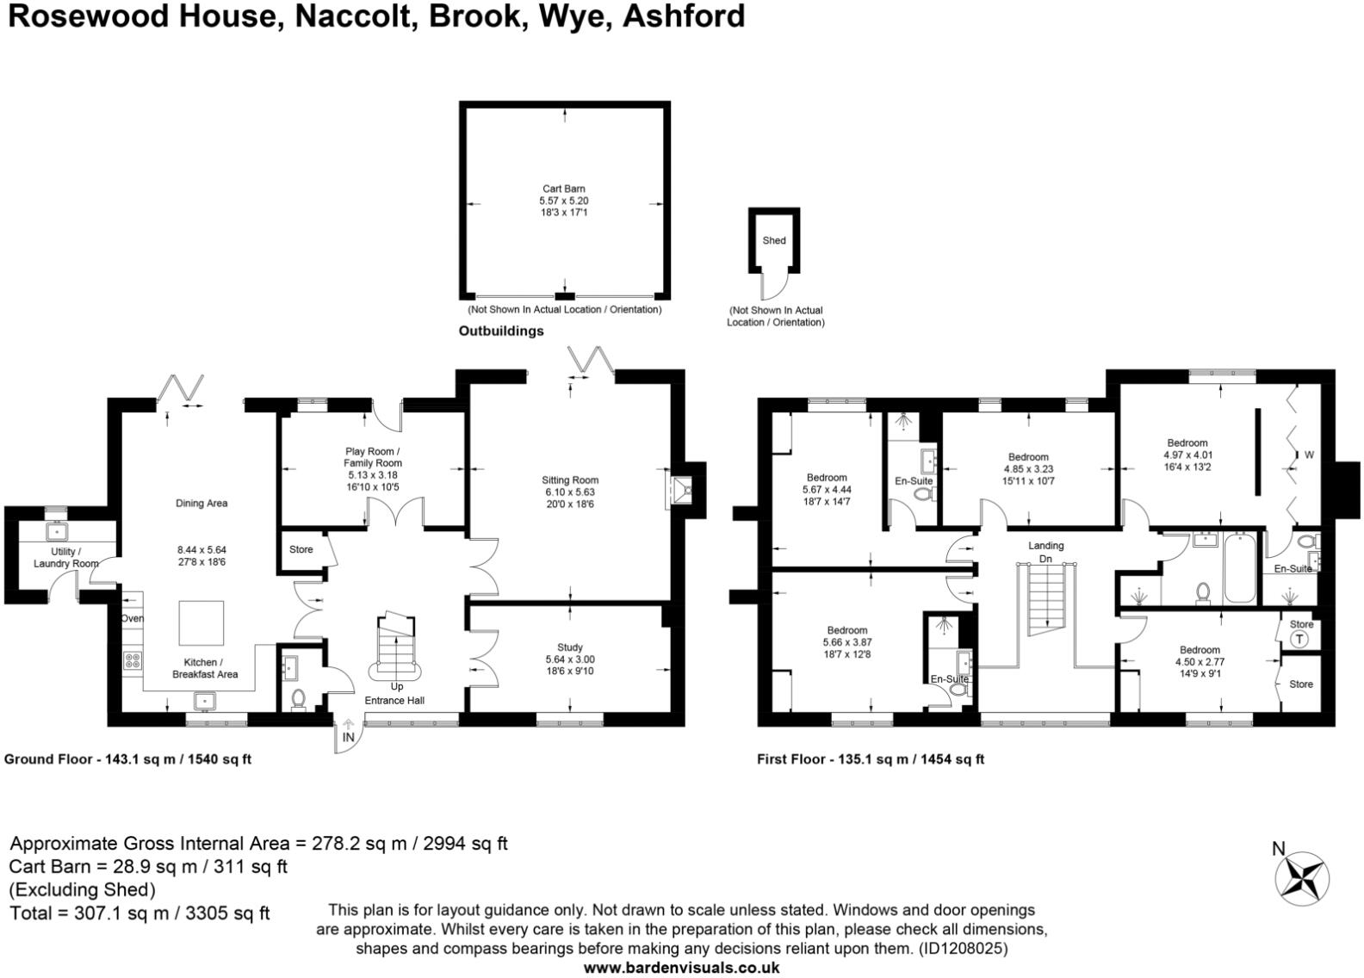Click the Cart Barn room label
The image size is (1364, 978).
pyautogui.click(x=563, y=189)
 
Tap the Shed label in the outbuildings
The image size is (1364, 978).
pyautogui.click(x=773, y=241)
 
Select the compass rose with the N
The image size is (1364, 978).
pyautogui.click(x=1301, y=878)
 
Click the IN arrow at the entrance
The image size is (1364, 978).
pyautogui.click(x=348, y=736)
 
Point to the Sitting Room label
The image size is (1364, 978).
pyautogui.click(x=569, y=480)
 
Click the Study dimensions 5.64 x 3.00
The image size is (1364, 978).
pyautogui.click(x=569, y=659)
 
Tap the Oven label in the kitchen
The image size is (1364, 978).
pyautogui.click(x=133, y=618)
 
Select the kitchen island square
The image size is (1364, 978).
pyautogui.click(x=201, y=623)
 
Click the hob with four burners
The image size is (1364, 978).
pyautogui.click(x=133, y=660)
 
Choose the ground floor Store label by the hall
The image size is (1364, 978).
pyautogui.click(x=301, y=549)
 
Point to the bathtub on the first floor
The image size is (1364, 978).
pyautogui.click(x=1239, y=568)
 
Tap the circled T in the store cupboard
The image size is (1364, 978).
pyautogui.click(x=1300, y=640)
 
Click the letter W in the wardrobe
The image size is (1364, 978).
pyautogui.click(x=1309, y=455)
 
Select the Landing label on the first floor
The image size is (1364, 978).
pyautogui.click(x=1045, y=546)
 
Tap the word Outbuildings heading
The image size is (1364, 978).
pyautogui.click(x=500, y=331)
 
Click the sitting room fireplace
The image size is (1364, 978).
pyautogui.click(x=685, y=492)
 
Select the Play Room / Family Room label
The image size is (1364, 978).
pyautogui.click(x=373, y=457)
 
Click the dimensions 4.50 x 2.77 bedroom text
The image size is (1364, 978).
pyautogui.click(x=1200, y=662)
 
